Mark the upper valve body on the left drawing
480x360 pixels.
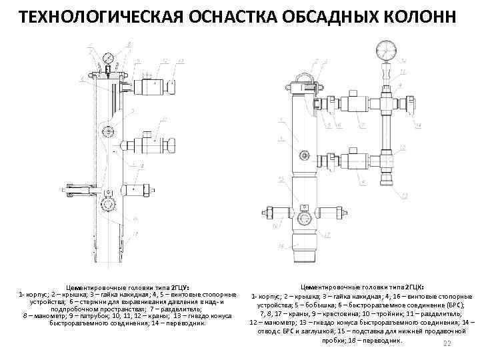148,86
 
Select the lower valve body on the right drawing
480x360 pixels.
356,159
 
